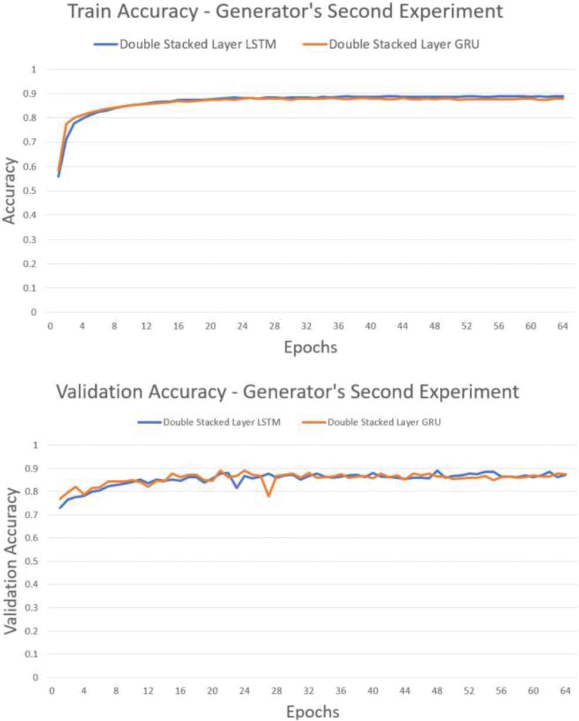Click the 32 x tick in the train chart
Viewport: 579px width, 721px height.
(x=306, y=326)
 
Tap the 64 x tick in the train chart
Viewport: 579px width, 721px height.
(x=562, y=326)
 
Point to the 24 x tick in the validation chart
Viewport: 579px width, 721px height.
(x=245, y=692)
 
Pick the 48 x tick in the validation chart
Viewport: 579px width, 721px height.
(x=437, y=692)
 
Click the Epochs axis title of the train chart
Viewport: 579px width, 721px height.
(x=311, y=347)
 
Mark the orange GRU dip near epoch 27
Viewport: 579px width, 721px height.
(x=269, y=496)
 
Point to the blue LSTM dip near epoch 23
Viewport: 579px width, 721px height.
(x=237, y=488)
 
